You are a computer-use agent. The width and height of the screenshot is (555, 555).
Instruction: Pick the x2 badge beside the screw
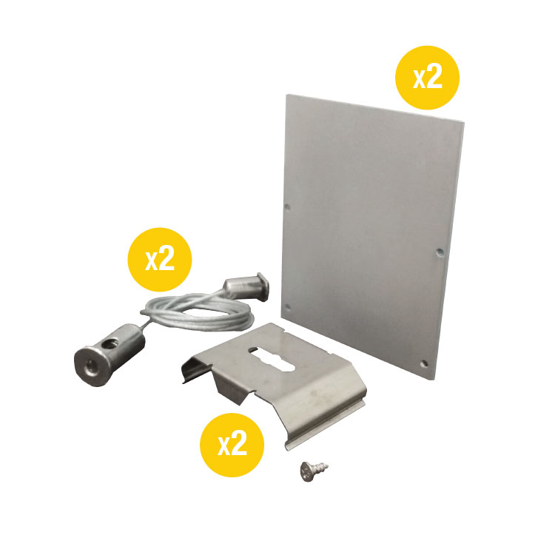pos(232,443)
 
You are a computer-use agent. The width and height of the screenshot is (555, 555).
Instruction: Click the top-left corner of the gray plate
pos(287,95)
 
